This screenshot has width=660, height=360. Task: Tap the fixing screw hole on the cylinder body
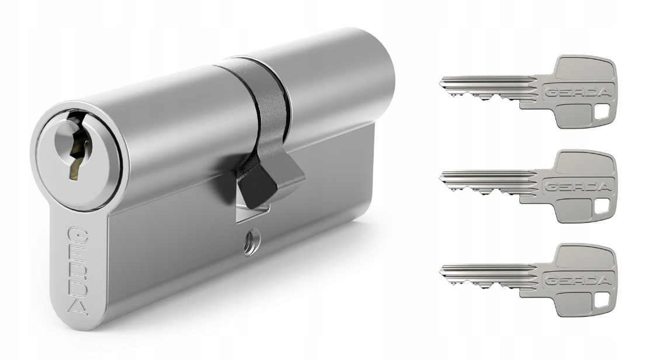(x=252, y=241)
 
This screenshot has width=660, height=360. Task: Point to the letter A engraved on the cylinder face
(x=78, y=308)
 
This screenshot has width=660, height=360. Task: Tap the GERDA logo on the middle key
(x=578, y=187)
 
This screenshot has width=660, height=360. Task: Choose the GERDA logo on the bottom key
(x=578, y=281)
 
